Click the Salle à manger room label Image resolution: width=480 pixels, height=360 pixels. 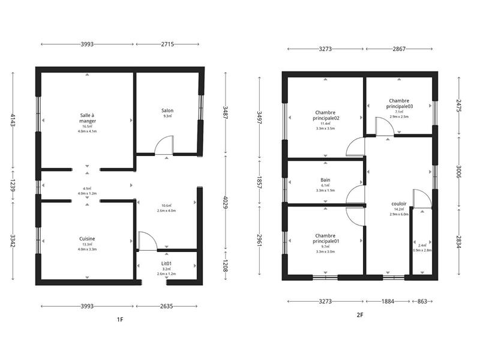88,118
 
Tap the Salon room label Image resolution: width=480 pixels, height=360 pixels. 167,110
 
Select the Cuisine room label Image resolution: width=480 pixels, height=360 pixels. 88,238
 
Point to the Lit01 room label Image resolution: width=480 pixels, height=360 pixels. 167,263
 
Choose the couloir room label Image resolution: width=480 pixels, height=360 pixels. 398,203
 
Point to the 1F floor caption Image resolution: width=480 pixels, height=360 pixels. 120,320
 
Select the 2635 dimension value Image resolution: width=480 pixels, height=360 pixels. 167,306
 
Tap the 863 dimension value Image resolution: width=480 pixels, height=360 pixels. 422,301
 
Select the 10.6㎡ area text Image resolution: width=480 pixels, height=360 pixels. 167,205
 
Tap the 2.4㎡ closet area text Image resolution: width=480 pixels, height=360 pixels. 422,245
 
